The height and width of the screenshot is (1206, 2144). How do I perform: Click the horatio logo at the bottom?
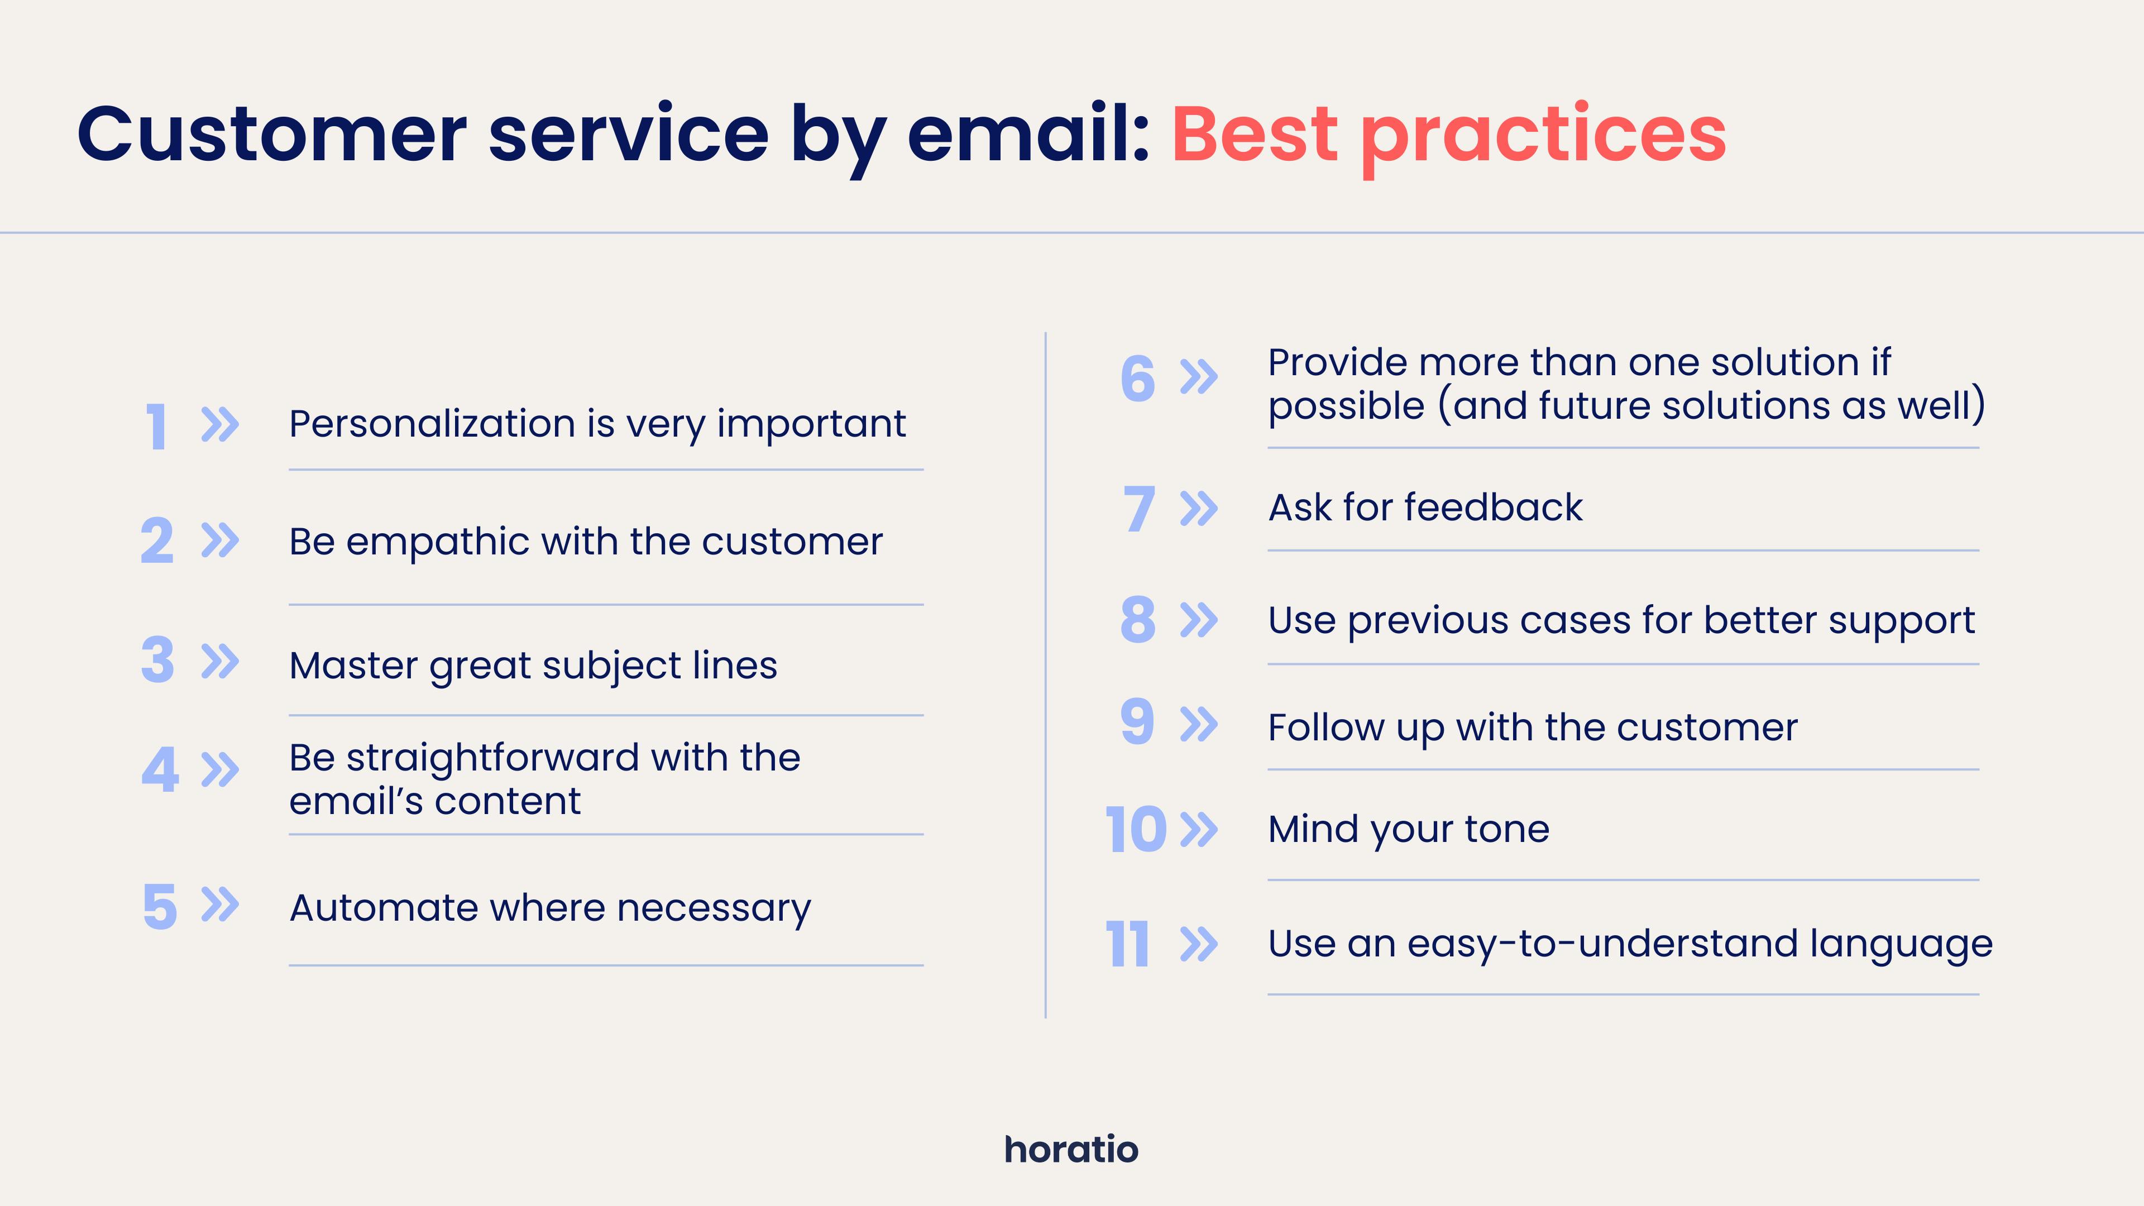click(1071, 1150)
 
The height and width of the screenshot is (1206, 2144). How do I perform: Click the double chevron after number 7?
click(1199, 509)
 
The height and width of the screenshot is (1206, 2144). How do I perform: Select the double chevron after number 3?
click(221, 661)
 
